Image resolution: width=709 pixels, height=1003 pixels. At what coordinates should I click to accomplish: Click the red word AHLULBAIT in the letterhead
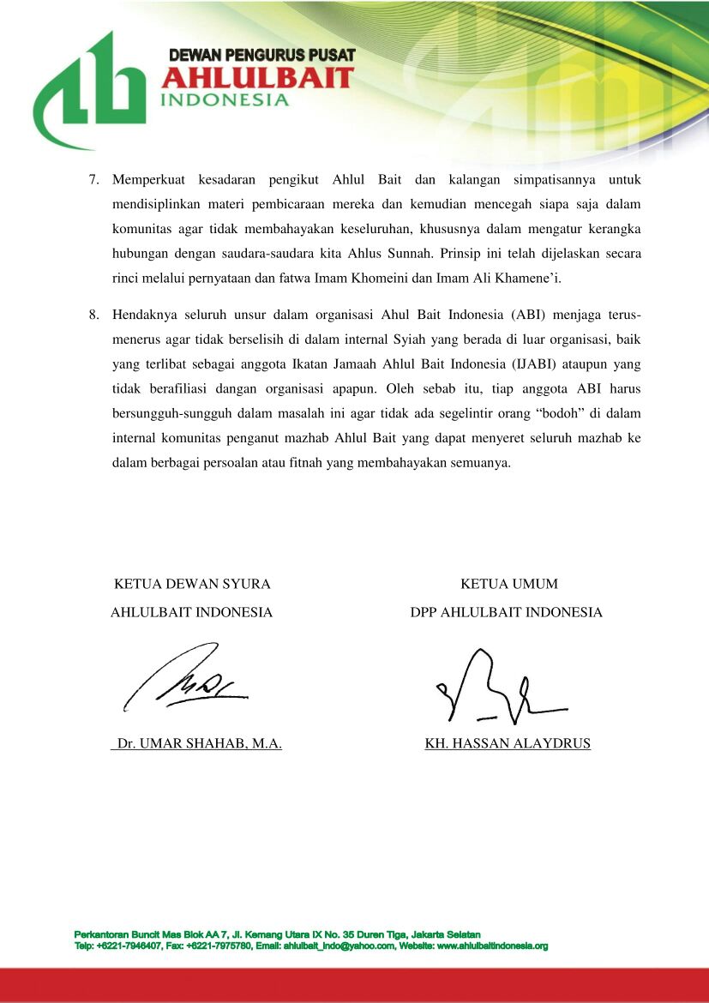click(x=257, y=78)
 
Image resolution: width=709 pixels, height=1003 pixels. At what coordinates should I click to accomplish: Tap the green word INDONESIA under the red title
click(x=225, y=99)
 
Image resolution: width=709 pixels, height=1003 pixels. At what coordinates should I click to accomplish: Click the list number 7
click(x=95, y=181)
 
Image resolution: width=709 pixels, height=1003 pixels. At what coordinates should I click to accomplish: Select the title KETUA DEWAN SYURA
click(x=192, y=585)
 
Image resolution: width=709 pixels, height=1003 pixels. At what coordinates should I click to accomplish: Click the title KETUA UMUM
click(x=508, y=585)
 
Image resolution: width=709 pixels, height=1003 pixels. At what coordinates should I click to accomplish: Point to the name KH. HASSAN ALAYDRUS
click(x=508, y=744)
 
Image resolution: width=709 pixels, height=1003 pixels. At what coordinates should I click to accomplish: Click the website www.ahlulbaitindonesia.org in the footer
click(x=491, y=946)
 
